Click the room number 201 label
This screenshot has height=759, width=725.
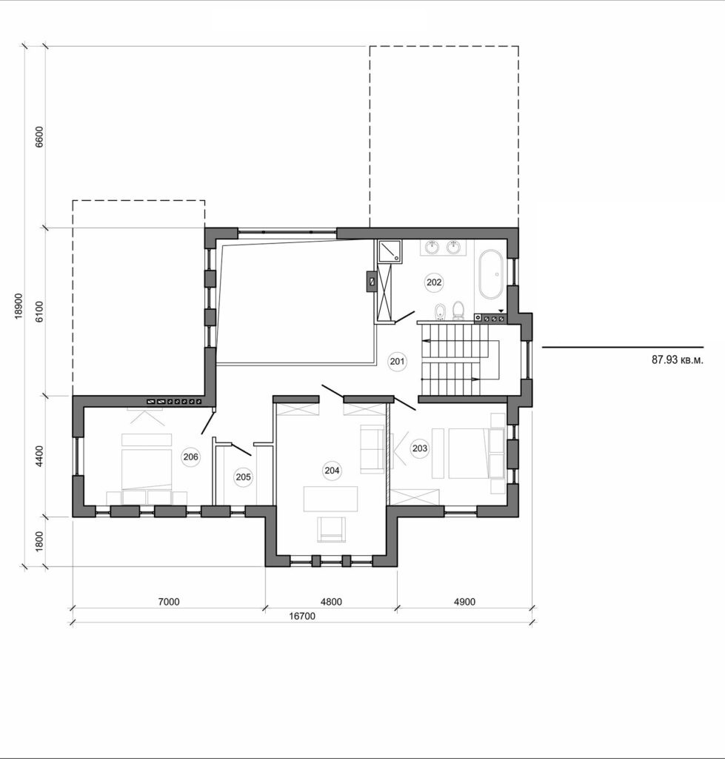398,362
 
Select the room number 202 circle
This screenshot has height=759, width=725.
434,282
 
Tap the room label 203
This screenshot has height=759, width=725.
420,448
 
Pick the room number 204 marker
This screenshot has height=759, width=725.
332,469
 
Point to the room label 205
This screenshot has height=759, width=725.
243,477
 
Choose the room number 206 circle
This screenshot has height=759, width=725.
190,457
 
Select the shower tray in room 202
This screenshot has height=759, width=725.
389,251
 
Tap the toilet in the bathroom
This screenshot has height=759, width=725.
458,310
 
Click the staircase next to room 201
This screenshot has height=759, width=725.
452,359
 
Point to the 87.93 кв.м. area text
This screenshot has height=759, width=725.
676,359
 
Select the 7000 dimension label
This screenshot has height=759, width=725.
169,602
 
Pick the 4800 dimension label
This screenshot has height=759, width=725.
331,602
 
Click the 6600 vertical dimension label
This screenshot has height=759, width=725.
40,138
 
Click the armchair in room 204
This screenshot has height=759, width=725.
331,528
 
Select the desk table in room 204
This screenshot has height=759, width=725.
330,497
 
